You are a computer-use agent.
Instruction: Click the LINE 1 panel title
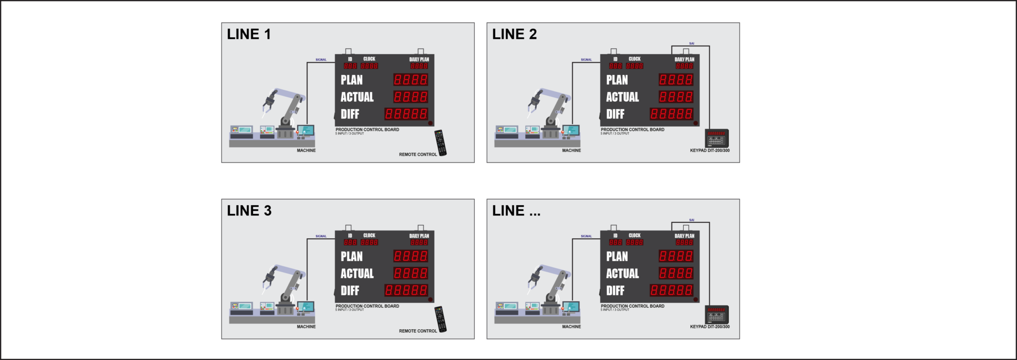pyautogui.click(x=249, y=34)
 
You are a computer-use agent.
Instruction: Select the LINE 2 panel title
pyautogui.click(x=514, y=34)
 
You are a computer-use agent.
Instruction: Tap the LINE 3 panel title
pyautogui.click(x=249, y=211)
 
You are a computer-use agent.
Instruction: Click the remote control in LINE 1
pyautogui.click(x=440, y=143)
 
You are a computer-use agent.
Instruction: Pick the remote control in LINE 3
pyautogui.click(x=440, y=319)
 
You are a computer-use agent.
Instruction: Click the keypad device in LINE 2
pyautogui.click(x=717, y=138)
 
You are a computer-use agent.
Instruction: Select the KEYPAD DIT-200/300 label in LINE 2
pyautogui.click(x=710, y=150)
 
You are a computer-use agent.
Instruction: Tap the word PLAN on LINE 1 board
pyautogui.click(x=352, y=80)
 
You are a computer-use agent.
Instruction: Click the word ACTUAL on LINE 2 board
pyautogui.click(x=622, y=97)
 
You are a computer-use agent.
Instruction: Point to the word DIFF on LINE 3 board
pyautogui.click(x=350, y=290)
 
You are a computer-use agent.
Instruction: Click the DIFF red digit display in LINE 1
pyautogui.click(x=406, y=114)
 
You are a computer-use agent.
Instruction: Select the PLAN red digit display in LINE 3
pyautogui.click(x=411, y=256)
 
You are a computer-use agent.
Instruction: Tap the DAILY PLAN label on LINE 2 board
pyautogui.click(x=684, y=60)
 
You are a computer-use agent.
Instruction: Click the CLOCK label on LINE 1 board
pyautogui.click(x=369, y=59)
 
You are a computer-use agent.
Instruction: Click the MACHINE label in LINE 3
pyautogui.click(x=306, y=327)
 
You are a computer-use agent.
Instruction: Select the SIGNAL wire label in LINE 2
pyautogui.click(x=586, y=60)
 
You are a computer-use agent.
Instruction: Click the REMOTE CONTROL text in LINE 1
pyautogui.click(x=418, y=154)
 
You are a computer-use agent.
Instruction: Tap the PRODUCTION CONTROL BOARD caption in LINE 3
pyautogui.click(x=367, y=306)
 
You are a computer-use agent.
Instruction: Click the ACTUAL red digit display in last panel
pyautogui.click(x=676, y=273)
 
